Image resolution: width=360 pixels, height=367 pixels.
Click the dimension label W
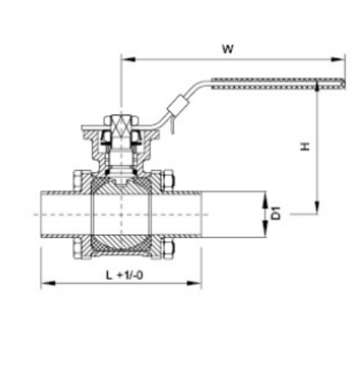coord(228,49)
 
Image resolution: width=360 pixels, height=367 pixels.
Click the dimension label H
coord(305,146)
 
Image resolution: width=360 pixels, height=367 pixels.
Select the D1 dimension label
coord(277,213)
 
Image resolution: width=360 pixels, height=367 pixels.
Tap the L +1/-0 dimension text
coord(124,275)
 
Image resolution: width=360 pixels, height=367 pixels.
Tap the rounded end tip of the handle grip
coord(343,83)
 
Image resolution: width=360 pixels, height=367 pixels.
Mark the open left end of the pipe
coord(42,214)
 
